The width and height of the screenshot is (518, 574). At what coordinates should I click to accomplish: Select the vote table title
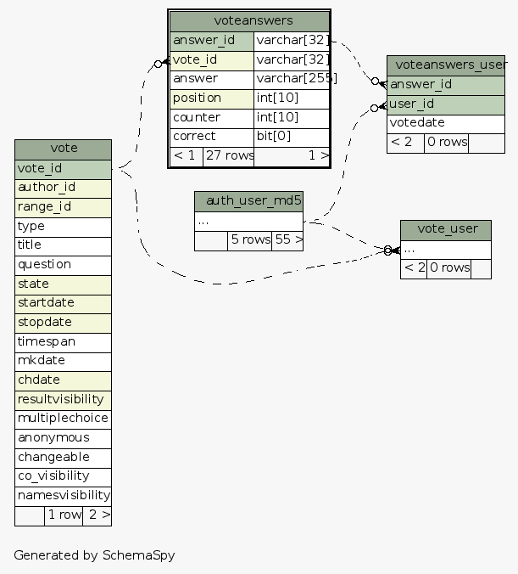click(64, 149)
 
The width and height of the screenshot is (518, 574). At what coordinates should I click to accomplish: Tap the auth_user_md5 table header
click(248, 201)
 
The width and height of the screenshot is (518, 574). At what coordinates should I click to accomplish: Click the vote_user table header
click(446, 230)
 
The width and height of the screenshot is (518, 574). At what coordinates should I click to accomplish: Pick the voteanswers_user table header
click(446, 65)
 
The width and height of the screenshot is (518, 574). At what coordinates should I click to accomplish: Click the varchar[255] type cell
click(291, 79)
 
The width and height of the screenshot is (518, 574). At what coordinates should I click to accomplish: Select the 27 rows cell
click(228, 155)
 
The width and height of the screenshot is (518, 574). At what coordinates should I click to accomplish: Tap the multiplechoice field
click(63, 419)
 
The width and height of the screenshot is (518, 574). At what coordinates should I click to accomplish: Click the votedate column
click(446, 123)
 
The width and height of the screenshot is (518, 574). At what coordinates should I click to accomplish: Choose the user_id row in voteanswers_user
click(446, 104)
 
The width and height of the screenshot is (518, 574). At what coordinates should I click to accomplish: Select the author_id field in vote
click(63, 188)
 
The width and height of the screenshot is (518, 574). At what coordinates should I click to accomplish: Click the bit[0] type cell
click(291, 137)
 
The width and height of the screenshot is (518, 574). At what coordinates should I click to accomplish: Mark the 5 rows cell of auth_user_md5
click(250, 240)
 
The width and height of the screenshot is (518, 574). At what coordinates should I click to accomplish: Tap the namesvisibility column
click(63, 495)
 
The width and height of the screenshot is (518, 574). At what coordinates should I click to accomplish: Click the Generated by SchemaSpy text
click(94, 555)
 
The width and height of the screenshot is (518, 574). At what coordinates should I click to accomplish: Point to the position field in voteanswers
click(212, 98)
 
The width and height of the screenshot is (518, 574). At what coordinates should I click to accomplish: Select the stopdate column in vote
click(63, 323)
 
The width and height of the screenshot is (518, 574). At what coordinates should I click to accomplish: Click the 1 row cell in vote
click(64, 515)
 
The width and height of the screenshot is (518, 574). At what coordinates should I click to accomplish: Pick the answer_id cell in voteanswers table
click(212, 41)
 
